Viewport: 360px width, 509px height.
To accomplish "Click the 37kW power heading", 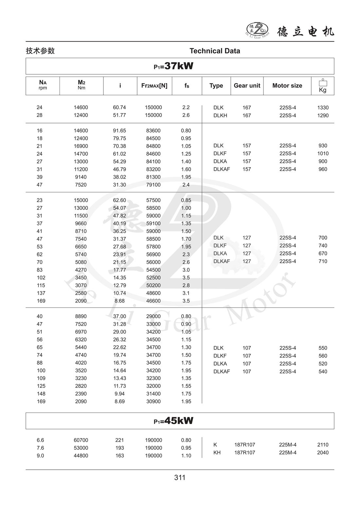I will tap(174, 66).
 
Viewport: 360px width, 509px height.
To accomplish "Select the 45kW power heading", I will tap(174, 421).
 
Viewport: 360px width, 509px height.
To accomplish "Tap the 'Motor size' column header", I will tap(287, 85).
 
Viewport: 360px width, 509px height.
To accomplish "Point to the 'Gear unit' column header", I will tap(247, 85).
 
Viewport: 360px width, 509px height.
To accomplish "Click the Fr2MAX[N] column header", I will tap(154, 85).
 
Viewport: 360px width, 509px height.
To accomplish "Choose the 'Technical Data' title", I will tap(215, 51).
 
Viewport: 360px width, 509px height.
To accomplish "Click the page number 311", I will tap(180, 478).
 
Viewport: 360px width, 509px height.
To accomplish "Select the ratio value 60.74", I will tap(119, 107).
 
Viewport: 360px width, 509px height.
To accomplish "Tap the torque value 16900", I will tap(81, 146).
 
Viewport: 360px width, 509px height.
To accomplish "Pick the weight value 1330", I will tap(323, 108).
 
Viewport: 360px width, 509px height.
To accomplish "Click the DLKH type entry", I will tap(220, 116).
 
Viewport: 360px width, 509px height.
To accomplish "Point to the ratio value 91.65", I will tap(119, 131).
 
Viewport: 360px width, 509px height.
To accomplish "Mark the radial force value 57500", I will tap(153, 200).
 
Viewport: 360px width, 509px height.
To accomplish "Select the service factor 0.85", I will tap(186, 200).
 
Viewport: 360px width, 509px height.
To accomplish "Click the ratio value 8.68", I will tap(119, 301).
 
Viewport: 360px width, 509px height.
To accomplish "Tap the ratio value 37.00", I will tap(119, 316).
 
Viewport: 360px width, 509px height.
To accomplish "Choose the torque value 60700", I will tap(81, 440).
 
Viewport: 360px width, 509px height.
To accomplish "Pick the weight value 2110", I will tap(323, 445).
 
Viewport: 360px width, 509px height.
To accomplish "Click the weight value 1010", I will tap(323, 154).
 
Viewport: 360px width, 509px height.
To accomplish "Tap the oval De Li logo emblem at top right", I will tap(257, 30).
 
